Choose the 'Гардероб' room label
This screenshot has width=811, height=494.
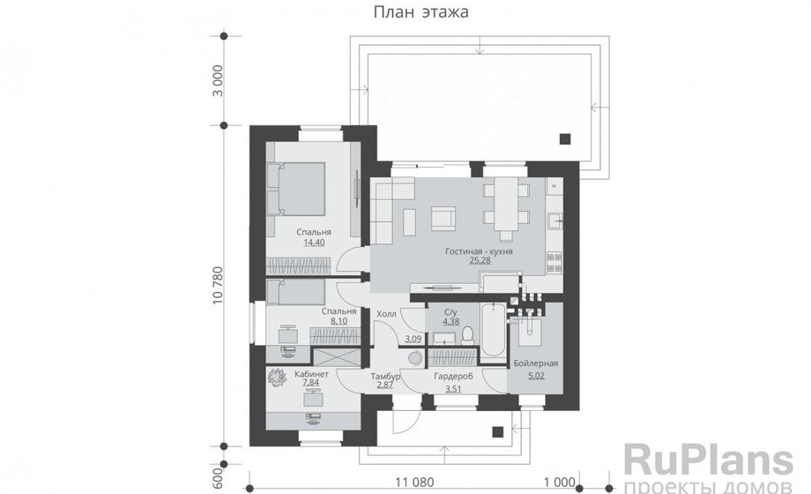click(454, 377)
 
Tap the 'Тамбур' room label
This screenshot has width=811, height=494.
click(386, 377)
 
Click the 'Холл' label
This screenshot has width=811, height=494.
click(386, 313)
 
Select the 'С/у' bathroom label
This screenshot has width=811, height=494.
click(450, 311)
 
